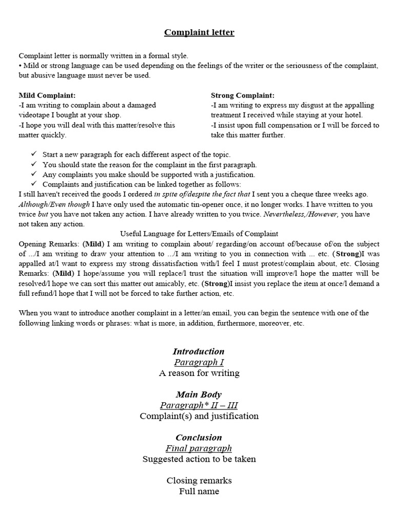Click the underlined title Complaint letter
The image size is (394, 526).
click(x=199, y=32)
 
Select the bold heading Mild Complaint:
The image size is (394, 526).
click(x=47, y=96)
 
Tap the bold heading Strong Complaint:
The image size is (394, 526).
click(x=243, y=96)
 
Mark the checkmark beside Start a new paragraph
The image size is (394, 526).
click(x=34, y=154)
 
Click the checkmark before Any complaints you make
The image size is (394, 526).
click(x=34, y=174)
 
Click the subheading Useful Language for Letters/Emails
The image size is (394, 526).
click(x=199, y=234)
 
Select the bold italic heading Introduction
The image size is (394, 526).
click(x=199, y=351)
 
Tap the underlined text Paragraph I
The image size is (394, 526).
click(x=199, y=362)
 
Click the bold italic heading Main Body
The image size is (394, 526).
click(x=199, y=394)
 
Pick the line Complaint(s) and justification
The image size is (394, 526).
click(x=199, y=416)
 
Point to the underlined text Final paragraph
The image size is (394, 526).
click(x=199, y=448)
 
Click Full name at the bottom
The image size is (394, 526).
click(x=199, y=491)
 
